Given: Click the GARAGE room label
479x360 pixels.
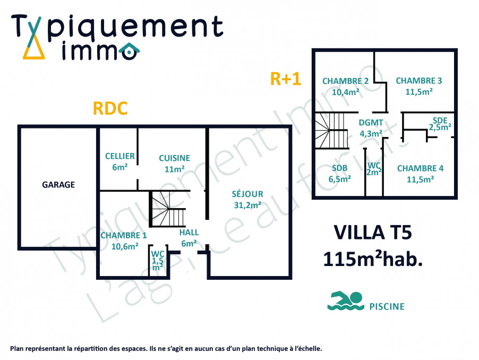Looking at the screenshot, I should [58, 185].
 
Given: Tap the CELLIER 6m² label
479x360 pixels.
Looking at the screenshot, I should [119, 161].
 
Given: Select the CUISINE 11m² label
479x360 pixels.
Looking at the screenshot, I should [174, 164].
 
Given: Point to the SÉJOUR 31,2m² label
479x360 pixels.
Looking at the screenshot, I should [247, 199].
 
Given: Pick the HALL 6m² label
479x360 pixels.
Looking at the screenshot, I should [189, 238].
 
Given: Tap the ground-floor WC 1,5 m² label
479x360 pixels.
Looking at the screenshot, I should [158, 260].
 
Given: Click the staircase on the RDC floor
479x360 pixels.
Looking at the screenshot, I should [167, 209].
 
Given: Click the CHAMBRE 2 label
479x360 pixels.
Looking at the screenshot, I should [346, 86].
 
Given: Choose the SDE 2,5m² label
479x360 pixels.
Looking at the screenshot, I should [440, 124].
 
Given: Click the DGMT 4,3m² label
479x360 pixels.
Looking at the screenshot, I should [371, 127].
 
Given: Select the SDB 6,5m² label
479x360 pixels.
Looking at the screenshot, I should [339, 174].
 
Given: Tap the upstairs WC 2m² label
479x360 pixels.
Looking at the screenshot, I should [374, 168].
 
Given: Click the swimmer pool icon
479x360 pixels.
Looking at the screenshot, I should [345, 301].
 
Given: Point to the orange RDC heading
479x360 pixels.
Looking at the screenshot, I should [110, 108].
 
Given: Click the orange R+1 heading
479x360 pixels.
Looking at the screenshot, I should [286, 79].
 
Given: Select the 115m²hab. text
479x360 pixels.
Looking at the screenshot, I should [373, 259].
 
